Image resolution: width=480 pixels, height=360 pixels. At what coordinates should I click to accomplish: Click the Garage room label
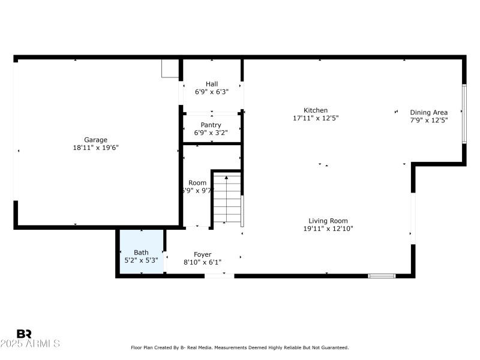tap(95, 140)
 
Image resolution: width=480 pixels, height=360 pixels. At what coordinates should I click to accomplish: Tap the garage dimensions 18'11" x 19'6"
tap(95, 148)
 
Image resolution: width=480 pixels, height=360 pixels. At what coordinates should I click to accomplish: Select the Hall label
tap(212, 84)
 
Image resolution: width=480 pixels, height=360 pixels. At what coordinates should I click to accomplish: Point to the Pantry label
tap(211, 125)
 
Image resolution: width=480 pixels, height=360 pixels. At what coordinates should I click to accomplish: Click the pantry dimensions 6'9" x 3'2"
tap(211, 133)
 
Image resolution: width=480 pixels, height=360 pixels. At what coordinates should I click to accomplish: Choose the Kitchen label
tap(316, 110)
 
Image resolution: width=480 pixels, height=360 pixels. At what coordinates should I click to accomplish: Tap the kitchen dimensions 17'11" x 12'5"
tap(316, 118)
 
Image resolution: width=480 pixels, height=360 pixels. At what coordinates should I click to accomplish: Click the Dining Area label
tap(428, 112)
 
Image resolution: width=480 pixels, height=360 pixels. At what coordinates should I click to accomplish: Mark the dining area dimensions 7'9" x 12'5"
tap(428, 120)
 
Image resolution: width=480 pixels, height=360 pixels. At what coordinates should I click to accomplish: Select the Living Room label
tap(328, 221)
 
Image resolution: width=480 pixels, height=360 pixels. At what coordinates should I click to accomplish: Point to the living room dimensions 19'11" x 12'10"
tap(328, 229)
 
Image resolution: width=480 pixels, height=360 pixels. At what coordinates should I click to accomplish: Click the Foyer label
tap(202, 254)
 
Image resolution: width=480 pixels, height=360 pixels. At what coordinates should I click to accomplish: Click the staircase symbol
tap(227, 197)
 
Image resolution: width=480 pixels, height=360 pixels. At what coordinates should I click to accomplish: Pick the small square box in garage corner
tap(170, 68)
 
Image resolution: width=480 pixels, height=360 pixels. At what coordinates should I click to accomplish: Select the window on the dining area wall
tap(464, 114)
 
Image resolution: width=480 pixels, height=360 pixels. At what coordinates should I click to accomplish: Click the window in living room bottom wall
tap(382, 276)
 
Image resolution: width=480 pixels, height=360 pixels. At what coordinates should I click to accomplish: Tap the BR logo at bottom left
tap(24, 334)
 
